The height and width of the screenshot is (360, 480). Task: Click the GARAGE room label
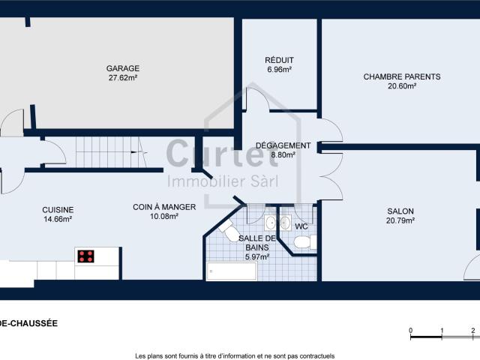[x=123, y=68]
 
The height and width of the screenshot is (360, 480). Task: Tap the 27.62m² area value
[x=123, y=78]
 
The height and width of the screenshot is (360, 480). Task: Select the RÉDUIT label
[x=279, y=60]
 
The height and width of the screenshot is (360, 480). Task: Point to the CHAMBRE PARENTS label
[x=402, y=76]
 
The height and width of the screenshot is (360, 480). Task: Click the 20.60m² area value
[x=402, y=86]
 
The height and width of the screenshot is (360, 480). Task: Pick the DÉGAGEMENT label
[x=283, y=145]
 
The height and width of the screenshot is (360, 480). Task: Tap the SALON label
[x=400, y=211]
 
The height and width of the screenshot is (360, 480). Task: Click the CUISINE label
[x=58, y=210]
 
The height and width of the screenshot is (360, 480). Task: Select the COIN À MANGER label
[x=164, y=207]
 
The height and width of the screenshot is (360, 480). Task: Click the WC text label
[x=301, y=226]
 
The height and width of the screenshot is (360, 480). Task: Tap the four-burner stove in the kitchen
[x=85, y=256]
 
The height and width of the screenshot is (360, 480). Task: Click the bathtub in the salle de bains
[x=232, y=271]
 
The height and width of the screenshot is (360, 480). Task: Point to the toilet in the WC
[x=305, y=242]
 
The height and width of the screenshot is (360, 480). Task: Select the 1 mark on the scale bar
[x=442, y=331]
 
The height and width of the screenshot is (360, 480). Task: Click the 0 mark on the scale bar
[x=411, y=331]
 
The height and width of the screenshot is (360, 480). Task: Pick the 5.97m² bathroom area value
[x=257, y=256]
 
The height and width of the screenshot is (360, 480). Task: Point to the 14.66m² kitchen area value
[x=58, y=219]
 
